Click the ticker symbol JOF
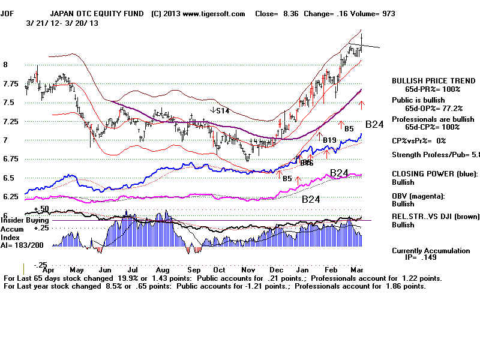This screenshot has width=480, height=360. click(9, 14)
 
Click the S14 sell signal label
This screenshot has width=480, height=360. click(223, 110)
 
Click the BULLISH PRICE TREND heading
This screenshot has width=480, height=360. click(428, 80)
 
